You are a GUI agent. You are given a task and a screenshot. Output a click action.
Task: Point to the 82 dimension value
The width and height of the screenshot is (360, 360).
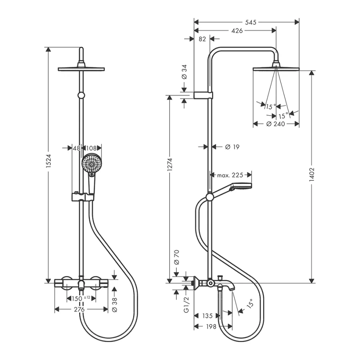tap(202, 39)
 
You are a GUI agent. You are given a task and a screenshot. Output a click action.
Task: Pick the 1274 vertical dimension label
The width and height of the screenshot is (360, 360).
tap(170, 164)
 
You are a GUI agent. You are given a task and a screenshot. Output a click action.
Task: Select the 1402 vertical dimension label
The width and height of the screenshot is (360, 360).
tap(312, 175)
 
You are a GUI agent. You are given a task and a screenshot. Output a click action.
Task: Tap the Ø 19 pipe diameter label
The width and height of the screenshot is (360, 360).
tap(232, 147)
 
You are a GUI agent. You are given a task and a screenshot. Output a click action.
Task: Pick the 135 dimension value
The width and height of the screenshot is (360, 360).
tap(207, 316)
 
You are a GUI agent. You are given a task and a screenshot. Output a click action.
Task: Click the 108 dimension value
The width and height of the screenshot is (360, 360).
tap(92, 148)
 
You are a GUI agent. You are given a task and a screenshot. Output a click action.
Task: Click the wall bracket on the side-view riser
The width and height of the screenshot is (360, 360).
tap(203, 95)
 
